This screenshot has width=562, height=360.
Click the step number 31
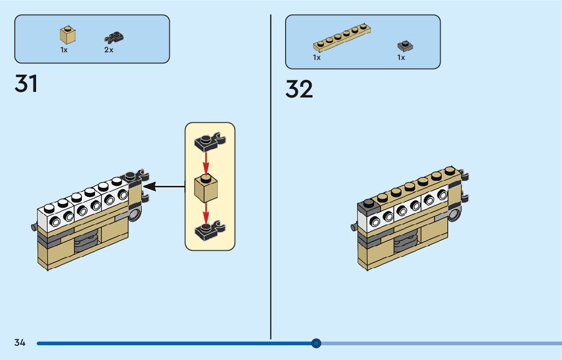pos(26,83)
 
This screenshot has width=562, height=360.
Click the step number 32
pos(299,89)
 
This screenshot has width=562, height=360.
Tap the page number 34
pos(20,343)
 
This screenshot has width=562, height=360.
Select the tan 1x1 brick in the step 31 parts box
pos(68,35)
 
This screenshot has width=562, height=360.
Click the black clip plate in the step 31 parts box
pos(114,38)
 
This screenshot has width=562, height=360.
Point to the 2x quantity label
pos(109,50)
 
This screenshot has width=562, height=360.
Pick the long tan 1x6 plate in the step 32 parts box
pos(342,38)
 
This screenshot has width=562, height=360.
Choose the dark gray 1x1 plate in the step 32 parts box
pos(405,46)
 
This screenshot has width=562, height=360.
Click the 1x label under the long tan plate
pos(317,57)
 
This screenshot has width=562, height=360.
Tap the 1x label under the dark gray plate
pos(401,57)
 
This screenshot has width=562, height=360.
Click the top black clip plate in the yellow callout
pos(210,142)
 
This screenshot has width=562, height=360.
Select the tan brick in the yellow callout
pos(206,188)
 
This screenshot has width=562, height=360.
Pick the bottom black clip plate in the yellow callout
pos(210,231)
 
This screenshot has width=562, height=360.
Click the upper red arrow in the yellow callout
pos(206,163)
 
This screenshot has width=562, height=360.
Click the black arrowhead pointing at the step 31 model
pos(149,187)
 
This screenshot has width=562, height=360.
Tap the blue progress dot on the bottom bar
pos(316,344)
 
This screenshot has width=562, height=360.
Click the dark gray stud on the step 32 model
pos(368,204)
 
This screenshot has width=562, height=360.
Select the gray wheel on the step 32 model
pos(454,215)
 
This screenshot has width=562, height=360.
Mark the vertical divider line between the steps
pos(271,177)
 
